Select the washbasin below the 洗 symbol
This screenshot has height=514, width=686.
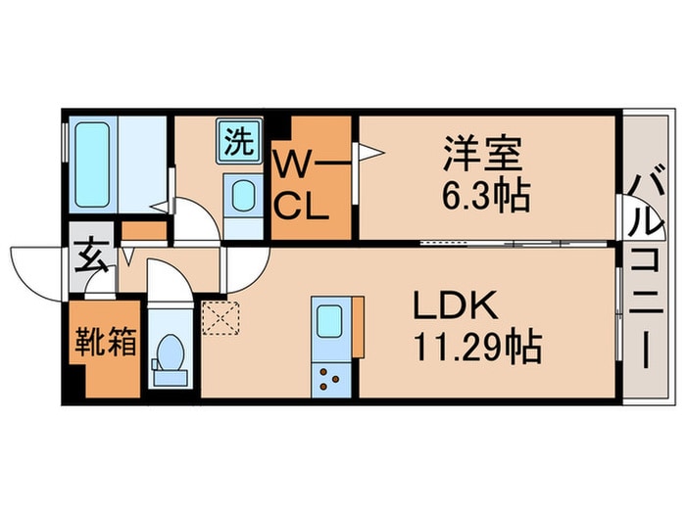pos(237,199)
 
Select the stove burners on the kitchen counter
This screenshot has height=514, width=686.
pos(326,377)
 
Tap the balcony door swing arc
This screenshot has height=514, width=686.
pos(625,218)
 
